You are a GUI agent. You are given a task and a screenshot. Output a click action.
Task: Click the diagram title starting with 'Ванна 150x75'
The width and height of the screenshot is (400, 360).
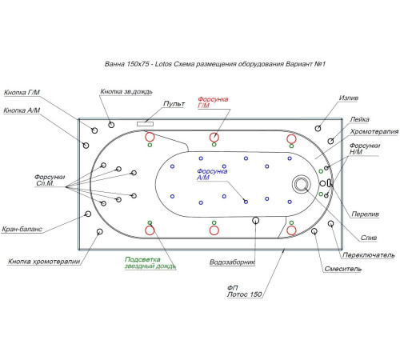tap(215, 64)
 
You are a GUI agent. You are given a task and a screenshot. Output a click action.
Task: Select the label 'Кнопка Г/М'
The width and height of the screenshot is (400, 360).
tap(22, 93)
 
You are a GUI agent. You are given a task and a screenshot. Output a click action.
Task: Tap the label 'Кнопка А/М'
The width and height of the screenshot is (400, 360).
tap(22, 110)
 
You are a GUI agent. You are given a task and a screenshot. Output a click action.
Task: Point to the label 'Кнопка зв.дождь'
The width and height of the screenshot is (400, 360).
tap(126, 91)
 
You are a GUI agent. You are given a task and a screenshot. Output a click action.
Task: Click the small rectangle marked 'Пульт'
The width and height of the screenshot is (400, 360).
tap(145, 124)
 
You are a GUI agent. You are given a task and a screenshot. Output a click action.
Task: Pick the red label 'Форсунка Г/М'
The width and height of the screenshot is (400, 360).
tap(213, 102)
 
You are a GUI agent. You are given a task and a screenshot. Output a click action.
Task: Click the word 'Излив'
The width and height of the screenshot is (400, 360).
tap(349, 98)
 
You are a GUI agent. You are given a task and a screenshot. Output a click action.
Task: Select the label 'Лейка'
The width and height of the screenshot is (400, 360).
tap(359, 119)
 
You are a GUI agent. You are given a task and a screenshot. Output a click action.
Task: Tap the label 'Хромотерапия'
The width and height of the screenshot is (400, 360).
tap(374, 131)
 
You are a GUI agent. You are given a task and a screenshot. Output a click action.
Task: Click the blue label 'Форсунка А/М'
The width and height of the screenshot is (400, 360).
tap(212, 174)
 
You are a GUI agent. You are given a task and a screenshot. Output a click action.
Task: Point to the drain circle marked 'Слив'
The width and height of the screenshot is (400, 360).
tap(302, 184)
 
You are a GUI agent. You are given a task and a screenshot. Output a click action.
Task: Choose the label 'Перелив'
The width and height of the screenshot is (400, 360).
tap(365, 214)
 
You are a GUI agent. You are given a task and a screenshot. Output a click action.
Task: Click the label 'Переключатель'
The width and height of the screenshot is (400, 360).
tap(368, 255)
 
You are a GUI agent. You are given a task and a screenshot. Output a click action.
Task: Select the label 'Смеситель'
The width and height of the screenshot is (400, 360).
tap(343, 269)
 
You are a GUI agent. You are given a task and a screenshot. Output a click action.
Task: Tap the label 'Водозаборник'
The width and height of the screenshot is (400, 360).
tap(232, 262)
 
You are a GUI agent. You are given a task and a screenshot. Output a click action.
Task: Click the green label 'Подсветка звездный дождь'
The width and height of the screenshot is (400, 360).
tap(150, 263)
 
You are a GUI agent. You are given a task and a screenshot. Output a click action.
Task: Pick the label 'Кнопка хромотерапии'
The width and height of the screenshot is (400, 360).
tap(44, 262)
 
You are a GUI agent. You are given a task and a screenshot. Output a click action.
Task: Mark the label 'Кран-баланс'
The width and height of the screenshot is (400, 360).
tap(22, 229)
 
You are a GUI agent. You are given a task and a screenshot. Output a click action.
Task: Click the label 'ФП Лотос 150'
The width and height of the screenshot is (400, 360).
tap(244, 291)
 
